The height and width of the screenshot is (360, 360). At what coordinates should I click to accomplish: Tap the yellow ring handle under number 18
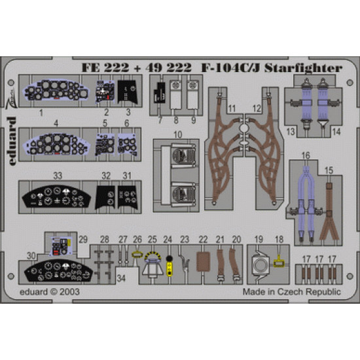pyautogui.click(x=279, y=264)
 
